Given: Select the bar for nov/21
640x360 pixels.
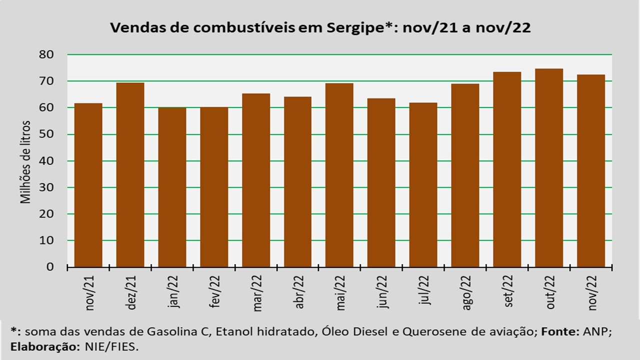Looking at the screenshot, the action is pyautogui.click(x=88, y=185).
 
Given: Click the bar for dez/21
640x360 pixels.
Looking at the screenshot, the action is pyautogui.click(x=130, y=175).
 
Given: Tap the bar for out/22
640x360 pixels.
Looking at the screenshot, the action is pyautogui.click(x=549, y=167).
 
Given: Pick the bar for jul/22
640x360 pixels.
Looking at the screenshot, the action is pyautogui.click(x=423, y=185).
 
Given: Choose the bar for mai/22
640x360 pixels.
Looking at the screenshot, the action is pyautogui.click(x=339, y=175).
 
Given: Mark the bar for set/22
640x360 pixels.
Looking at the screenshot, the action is pyautogui.click(x=507, y=169).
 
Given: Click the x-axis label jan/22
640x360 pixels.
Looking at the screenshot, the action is pyautogui.click(x=173, y=291).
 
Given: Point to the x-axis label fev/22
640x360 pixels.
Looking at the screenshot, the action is pyautogui.click(x=215, y=291).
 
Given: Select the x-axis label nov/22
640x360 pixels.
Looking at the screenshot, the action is pyautogui.click(x=591, y=292).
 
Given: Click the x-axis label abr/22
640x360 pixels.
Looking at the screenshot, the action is pyautogui.click(x=298, y=292).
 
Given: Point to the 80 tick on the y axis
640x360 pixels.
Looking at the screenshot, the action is pyautogui.click(x=46, y=54).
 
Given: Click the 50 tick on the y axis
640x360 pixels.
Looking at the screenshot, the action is pyautogui.click(x=46, y=134).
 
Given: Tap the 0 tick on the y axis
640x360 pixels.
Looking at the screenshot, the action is pyautogui.click(x=50, y=267).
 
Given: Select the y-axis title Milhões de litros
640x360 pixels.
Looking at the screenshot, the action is pyautogui.click(x=25, y=162).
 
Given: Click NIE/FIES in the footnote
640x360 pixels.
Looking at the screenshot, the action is pyautogui.click(x=111, y=347).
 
